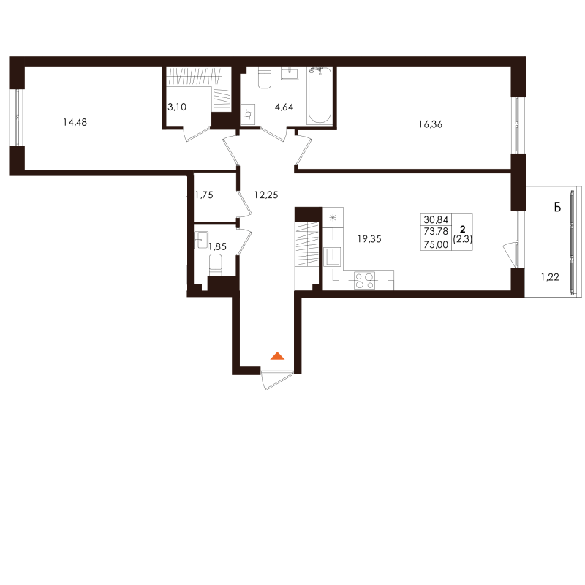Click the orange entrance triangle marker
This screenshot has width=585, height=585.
(277, 355)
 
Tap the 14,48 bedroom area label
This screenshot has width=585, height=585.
(75, 122)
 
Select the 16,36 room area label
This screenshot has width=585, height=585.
(431, 124)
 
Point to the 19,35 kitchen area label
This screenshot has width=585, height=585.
(369, 239)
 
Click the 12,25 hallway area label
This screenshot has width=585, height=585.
(266, 195)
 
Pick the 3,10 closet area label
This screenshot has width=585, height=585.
(177, 107)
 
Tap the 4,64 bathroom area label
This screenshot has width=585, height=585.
(284, 107)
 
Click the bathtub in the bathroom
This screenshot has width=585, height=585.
(320, 95)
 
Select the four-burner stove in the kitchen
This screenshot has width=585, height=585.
(364, 281)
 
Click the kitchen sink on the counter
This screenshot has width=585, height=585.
(332, 257)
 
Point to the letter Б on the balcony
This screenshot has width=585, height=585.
(557, 207)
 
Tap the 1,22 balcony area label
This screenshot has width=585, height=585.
(550, 277)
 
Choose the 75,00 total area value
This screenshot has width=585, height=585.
(436, 245)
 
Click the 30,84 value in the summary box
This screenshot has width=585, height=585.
(436, 220)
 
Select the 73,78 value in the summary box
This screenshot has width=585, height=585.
(436, 232)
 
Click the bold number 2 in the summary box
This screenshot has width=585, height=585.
(463, 229)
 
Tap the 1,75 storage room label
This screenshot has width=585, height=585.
(204, 195)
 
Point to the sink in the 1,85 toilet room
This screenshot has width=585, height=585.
(201, 240)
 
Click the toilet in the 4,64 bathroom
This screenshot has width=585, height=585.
(265, 78)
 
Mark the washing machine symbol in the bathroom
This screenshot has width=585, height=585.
(248, 114)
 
